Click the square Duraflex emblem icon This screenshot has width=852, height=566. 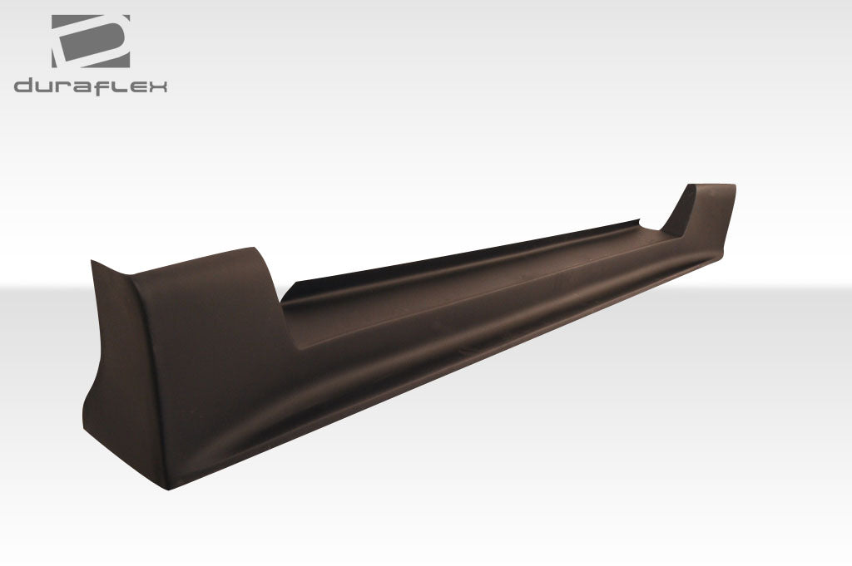pyautogui.click(x=91, y=42)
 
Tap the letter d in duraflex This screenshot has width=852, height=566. pyautogui.click(x=24, y=86)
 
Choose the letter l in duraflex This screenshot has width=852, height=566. pyautogui.click(x=116, y=86)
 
